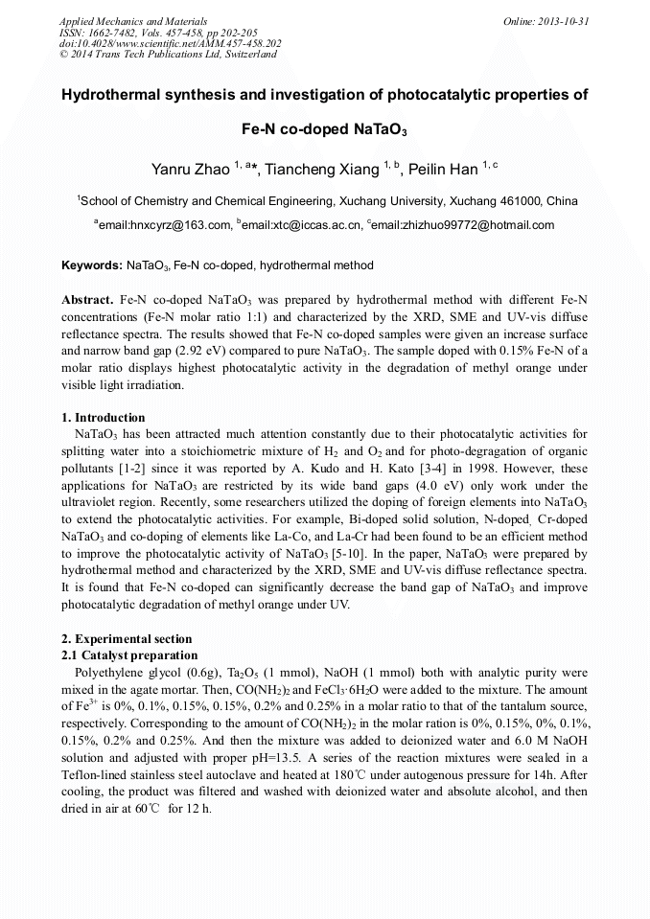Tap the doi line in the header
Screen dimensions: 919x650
pos(170,44)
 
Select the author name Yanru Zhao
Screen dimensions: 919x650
pos(190,170)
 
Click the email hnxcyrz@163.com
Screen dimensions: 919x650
pos(165,226)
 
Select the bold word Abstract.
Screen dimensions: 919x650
pos(87,300)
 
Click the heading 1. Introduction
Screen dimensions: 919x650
pos(104,418)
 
